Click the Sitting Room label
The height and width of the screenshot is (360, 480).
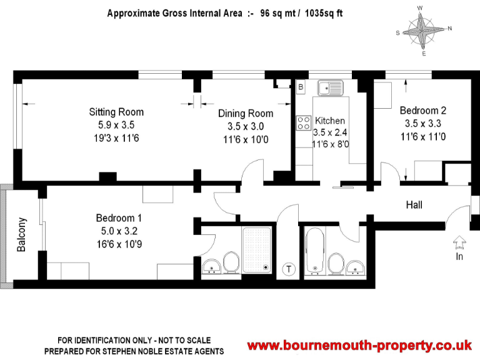click(x=116, y=112)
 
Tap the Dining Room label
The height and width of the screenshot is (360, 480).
click(x=246, y=114)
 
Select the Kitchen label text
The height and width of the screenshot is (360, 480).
click(x=330, y=121)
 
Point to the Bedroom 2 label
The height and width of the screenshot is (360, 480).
click(x=422, y=111)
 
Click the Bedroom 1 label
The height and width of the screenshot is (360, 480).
click(x=119, y=218)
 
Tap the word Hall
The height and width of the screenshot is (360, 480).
click(x=414, y=205)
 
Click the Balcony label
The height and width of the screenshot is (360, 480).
click(x=22, y=234)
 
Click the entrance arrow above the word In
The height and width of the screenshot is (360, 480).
click(x=458, y=241)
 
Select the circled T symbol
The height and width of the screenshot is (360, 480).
click(x=289, y=269)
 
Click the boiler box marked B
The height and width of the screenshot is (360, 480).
click(x=301, y=86)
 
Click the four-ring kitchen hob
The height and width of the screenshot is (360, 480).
click(x=304, y=122)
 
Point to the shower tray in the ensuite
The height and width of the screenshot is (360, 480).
click(x=257, y=249)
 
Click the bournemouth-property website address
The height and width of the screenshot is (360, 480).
click(x=359, y=346)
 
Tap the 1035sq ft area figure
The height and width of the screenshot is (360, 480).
click(x=324, y=12)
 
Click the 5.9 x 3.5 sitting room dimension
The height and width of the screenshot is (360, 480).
click(x=116, y=125)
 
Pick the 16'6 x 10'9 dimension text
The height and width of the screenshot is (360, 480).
click(x=119, y=243)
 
